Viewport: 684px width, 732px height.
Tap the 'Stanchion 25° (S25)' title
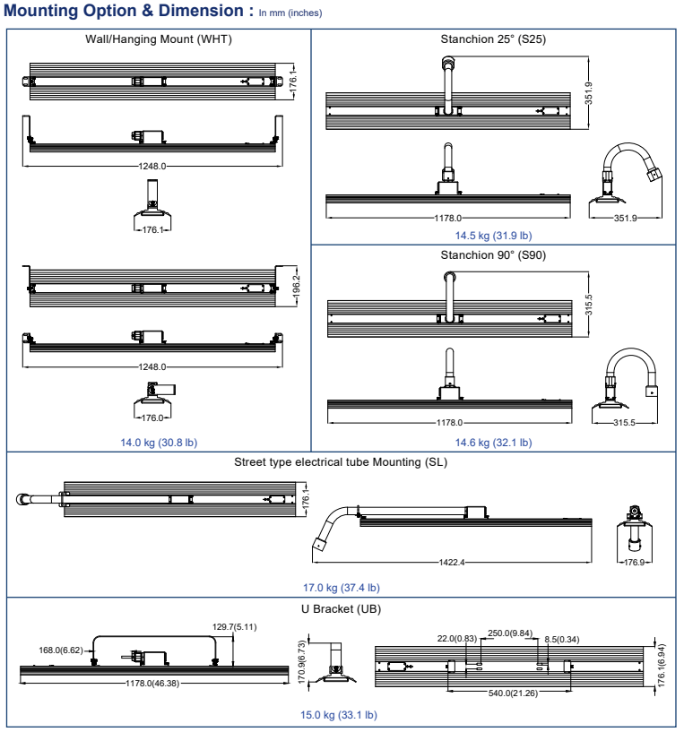pyautogui.click(x=493, y=39)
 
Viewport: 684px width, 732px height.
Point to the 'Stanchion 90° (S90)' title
pyautogui.click(x=493, y=254)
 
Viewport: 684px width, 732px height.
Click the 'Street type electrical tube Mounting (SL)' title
pyautogui.click(x=341, y=462)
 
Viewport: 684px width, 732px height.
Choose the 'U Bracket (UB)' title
pyautogui.click(x=341, y=608)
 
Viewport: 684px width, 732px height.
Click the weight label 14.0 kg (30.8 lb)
pyautogui.click(x=159, y=441)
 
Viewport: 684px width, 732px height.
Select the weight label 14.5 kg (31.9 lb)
pyautogui.click(x=493, y=235)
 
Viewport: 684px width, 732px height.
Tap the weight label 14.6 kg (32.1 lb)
pyautogui.click(x=493, y=442)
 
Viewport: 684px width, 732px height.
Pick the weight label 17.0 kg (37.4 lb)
pyautogui.click(x=341, y=588)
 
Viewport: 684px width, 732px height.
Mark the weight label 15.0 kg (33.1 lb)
pyautogui.click(x=341, y=715)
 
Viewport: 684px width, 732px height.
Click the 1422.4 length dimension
pyautogui.click(x=452, y=563)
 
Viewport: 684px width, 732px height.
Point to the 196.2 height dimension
pyautogui.click(x=297, y=283)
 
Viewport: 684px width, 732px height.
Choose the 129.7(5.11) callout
pyautogui.click(x=234, y=626)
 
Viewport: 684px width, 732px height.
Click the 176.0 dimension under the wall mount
pyautogui.click(x=149, y=418)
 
